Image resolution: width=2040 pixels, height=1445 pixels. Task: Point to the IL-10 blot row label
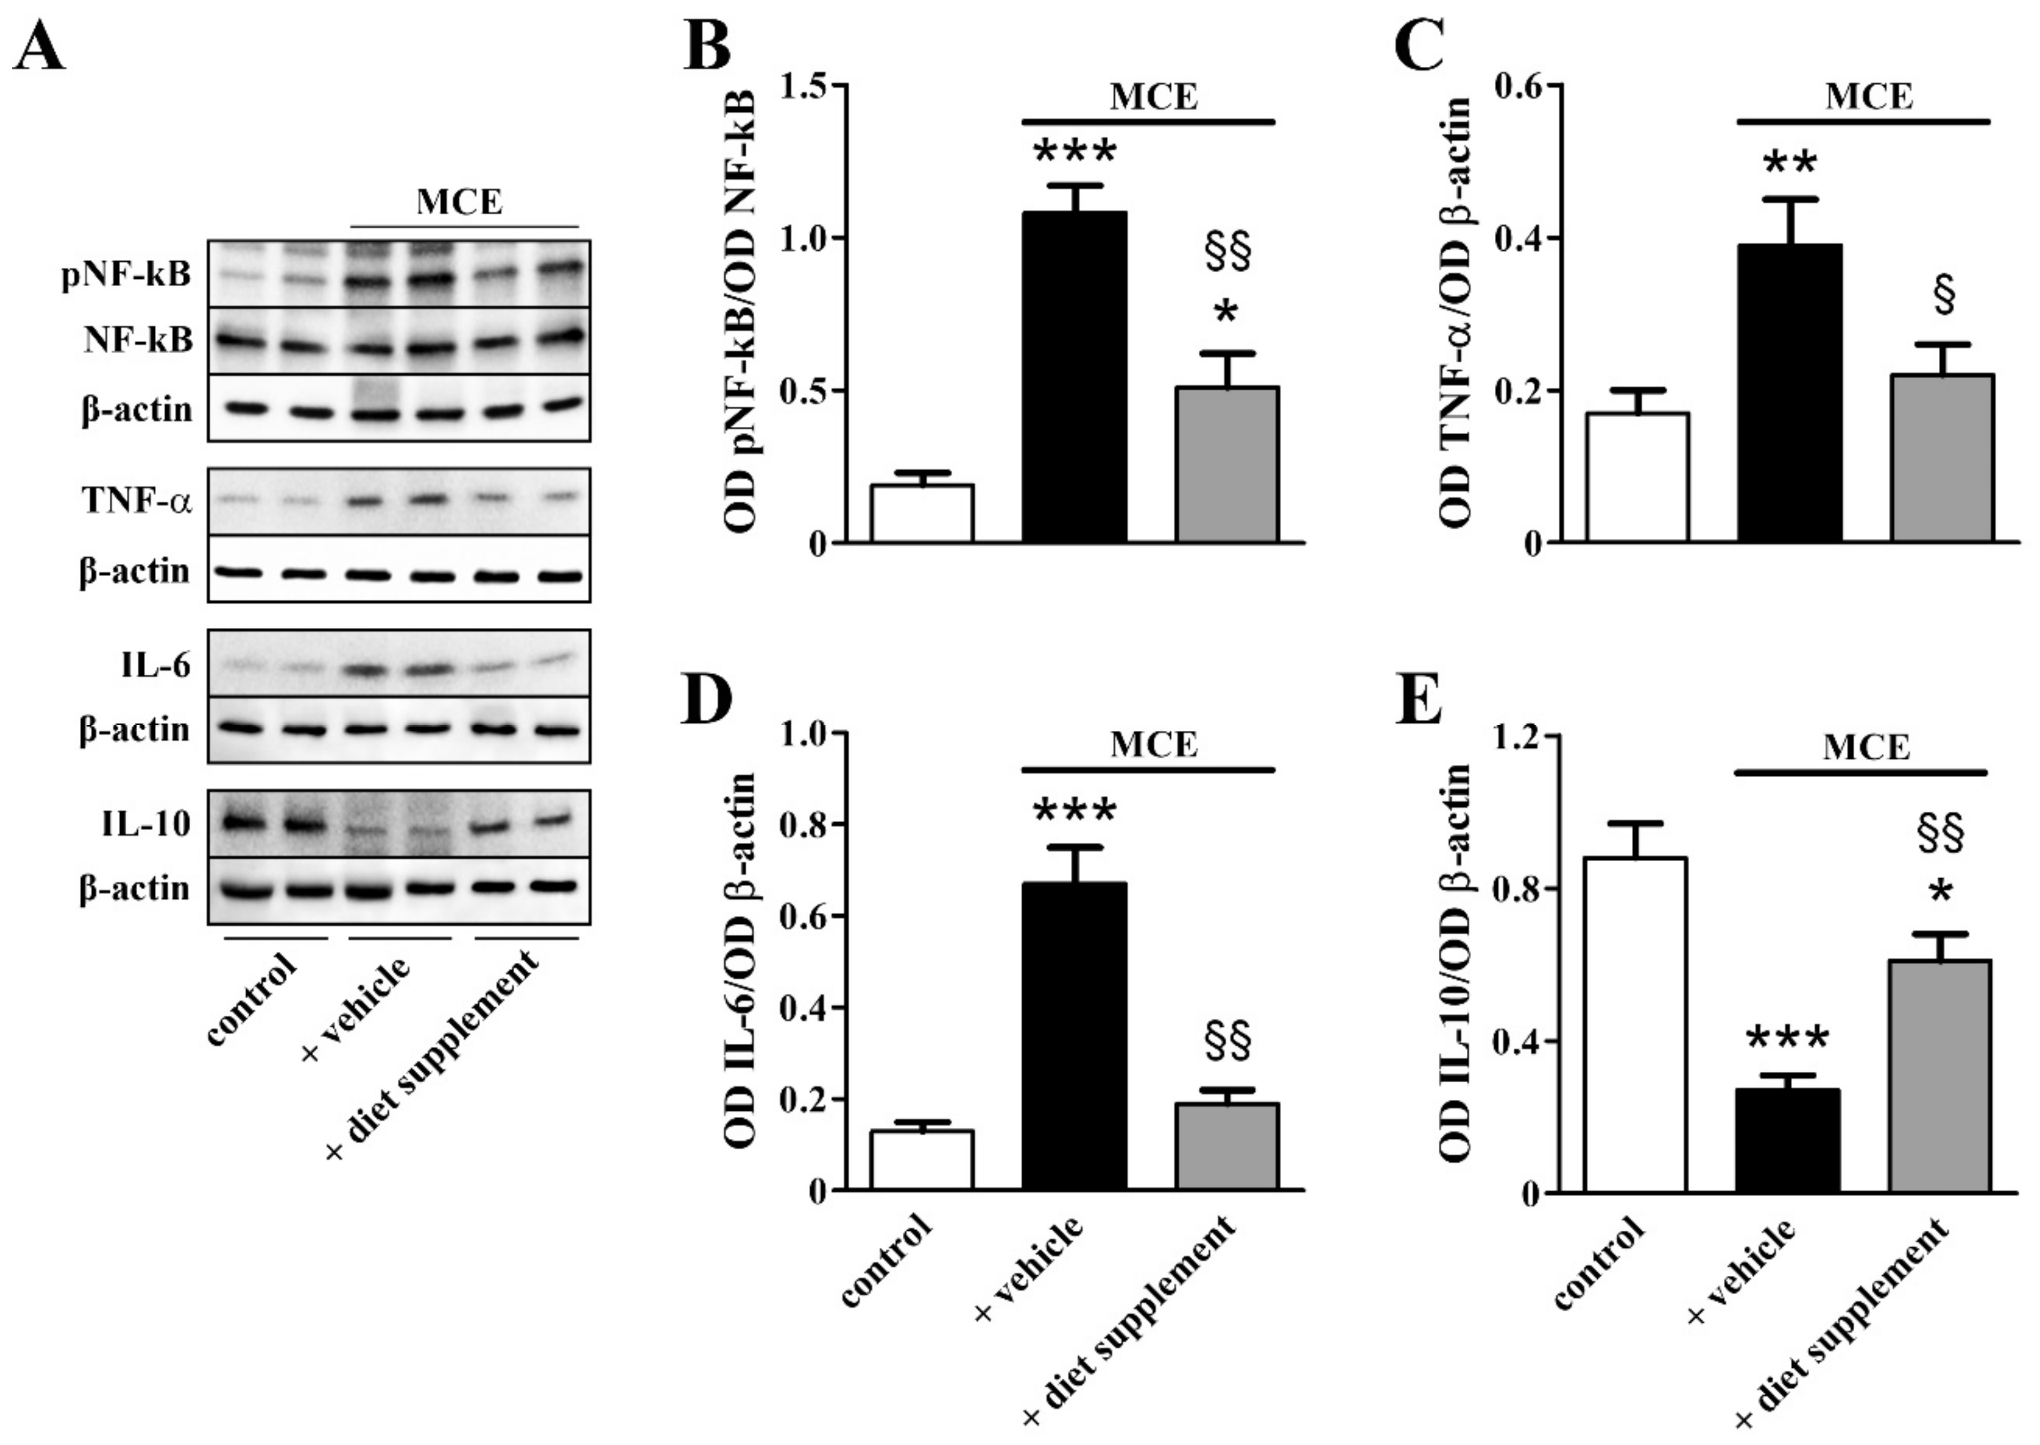(146, 824)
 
